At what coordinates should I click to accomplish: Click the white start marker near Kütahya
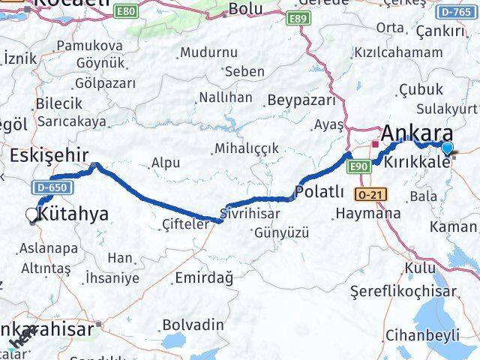31,215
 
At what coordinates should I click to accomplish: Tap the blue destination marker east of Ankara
448,148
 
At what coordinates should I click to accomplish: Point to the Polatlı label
320,193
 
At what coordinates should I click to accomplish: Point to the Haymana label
368,213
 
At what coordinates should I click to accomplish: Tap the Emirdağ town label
203,277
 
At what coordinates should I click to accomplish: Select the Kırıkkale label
416,163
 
